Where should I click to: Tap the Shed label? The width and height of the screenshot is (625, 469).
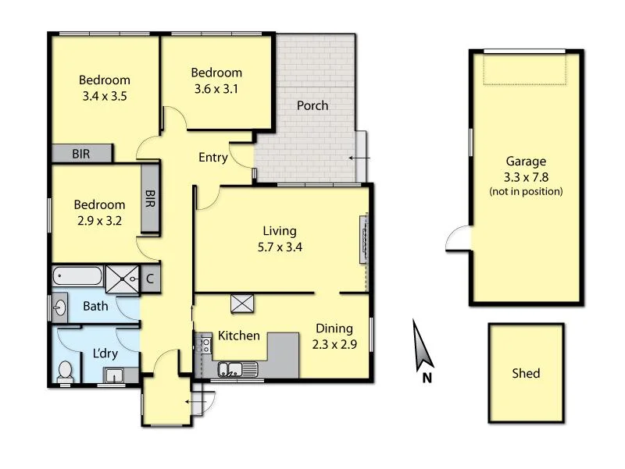tap(526, 373)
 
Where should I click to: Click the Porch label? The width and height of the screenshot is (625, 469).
tap(312, 105)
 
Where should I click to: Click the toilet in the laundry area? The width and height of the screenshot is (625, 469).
tap(66, 371)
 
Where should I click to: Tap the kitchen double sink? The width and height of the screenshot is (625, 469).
tap(233, 368)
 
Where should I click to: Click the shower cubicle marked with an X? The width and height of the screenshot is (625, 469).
tap(122, 277)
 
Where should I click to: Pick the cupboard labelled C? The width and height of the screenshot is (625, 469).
tap(150, 278)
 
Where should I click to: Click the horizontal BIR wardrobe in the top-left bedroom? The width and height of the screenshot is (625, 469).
tap(82, 154)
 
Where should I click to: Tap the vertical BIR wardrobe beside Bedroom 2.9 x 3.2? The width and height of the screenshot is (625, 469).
tap(150, 199)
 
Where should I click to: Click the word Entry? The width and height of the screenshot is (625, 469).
tap(212, 158)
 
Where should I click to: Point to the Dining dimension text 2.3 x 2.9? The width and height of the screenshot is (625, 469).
tap(335, 343)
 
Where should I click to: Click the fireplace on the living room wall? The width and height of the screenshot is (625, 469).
tap(363, 240)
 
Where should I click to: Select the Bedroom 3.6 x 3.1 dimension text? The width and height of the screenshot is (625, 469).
tap(216, 88)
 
